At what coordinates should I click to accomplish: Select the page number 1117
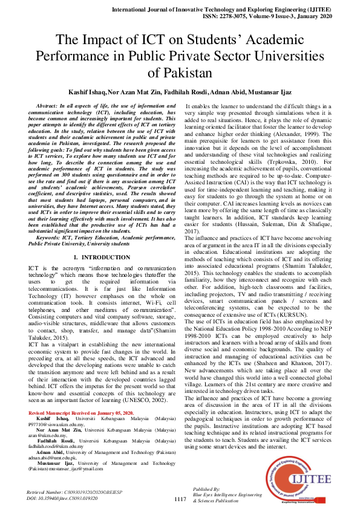point(180,499)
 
